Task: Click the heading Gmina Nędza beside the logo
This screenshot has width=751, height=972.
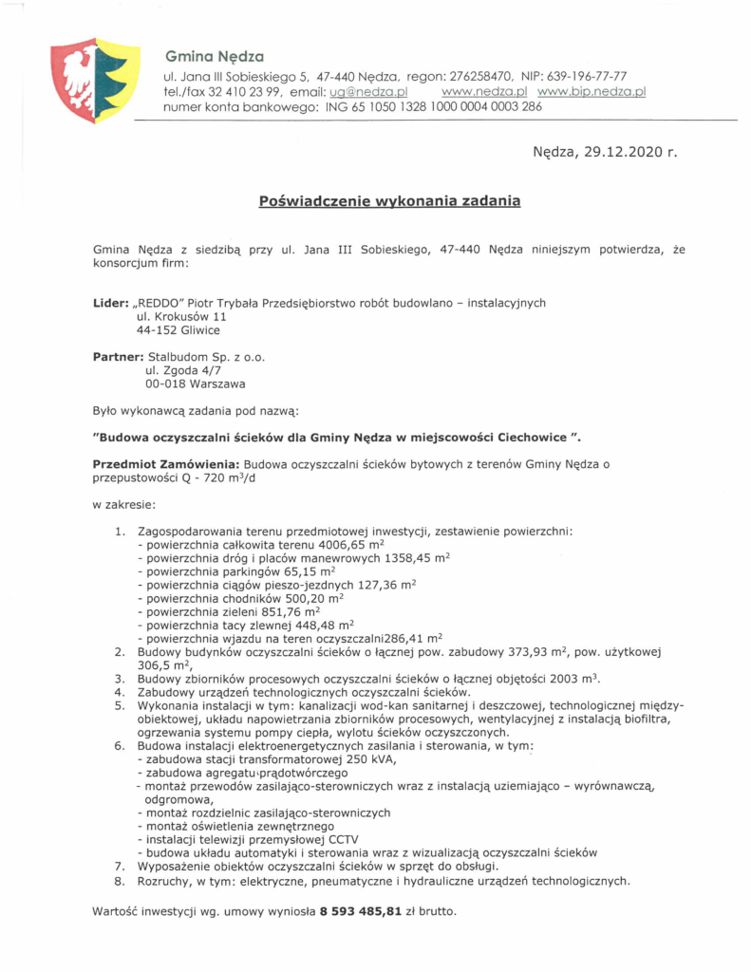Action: pyautogui.click(x=214, y=56)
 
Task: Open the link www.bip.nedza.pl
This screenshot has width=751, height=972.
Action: pyautogui.click(x=591, y=92)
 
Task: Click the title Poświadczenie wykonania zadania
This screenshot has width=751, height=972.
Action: pyautogui.click(x=389, y=201)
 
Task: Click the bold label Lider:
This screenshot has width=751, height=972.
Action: pyautogui.click(x=111, y=303)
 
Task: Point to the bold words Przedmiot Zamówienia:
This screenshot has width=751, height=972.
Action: pyautogui.click(x=166, y=464)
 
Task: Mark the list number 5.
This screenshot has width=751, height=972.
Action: pyautogui.click(x=120, y=706)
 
